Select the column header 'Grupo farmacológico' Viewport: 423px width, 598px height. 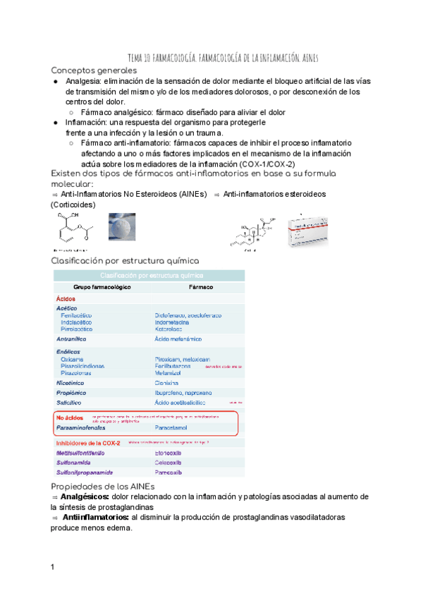[102, 288]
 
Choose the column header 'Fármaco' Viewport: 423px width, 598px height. [202, 288]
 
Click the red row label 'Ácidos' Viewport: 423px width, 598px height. [66, 299]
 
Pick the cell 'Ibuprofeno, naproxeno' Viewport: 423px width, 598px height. [185, 392]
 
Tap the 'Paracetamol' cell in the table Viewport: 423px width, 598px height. [174, 427]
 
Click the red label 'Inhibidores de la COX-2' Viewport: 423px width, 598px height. [88, 443]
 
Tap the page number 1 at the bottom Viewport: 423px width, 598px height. [53, 568]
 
